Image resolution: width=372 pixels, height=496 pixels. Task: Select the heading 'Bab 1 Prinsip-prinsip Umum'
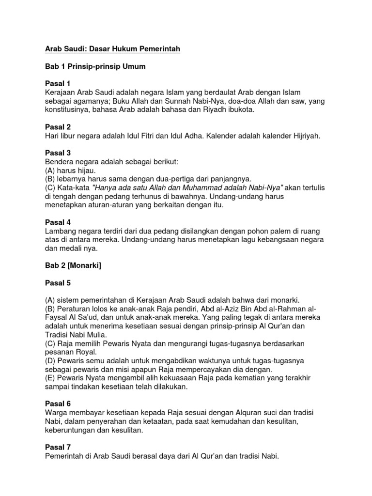click(x=95, y=66)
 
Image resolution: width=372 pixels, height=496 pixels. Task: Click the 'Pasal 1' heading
click(x=58, y=83)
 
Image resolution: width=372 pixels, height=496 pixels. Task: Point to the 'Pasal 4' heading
click(x=58, y=222)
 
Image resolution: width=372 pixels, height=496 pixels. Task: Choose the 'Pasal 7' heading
click(x=58, y=448)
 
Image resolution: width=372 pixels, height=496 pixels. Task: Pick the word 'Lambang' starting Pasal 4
click(x=60, y=231)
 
